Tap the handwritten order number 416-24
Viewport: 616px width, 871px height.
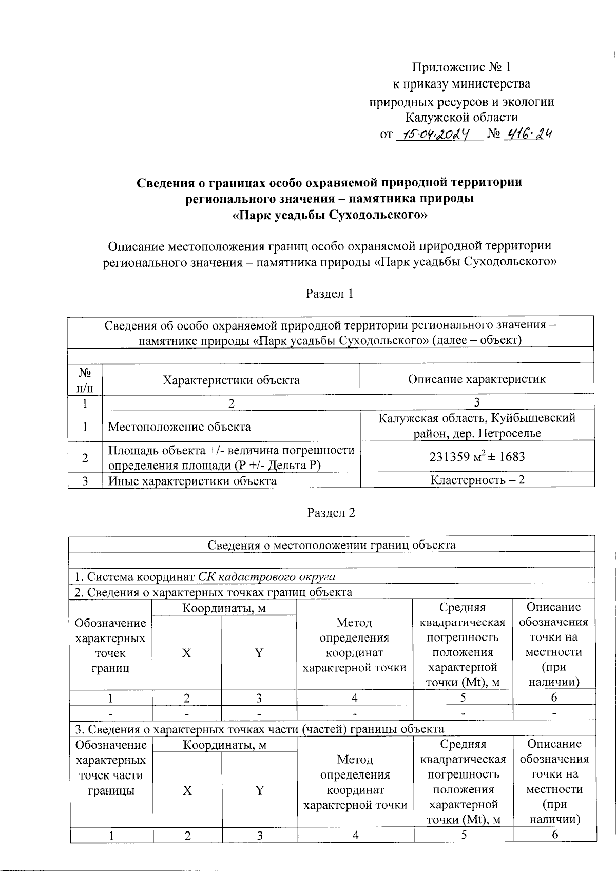(528, 134)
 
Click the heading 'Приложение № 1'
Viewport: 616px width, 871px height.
(461, 67)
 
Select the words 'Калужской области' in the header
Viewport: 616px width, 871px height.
(461, 118)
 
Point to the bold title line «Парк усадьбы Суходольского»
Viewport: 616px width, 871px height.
(330, 215)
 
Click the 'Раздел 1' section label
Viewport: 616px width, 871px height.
(330, 294)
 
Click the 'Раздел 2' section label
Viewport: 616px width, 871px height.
(331, 513)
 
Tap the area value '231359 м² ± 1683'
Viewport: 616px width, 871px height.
(477, 456)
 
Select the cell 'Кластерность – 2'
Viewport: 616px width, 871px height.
(477, 480)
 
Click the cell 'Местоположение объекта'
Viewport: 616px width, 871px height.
(179, 427)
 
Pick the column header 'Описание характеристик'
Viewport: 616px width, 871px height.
(477, 379)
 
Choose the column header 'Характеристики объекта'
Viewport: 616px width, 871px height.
(231, 380)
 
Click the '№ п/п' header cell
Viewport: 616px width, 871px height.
(85, 379)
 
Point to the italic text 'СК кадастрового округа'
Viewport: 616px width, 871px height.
(266, 576)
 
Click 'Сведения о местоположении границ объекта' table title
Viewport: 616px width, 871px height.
(331, 545)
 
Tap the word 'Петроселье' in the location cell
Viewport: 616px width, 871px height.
(509, 433)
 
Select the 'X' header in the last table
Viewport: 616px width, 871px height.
(187, 790)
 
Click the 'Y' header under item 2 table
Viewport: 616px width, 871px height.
(259, 653)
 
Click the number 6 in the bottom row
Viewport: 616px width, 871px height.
(554, 835)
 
